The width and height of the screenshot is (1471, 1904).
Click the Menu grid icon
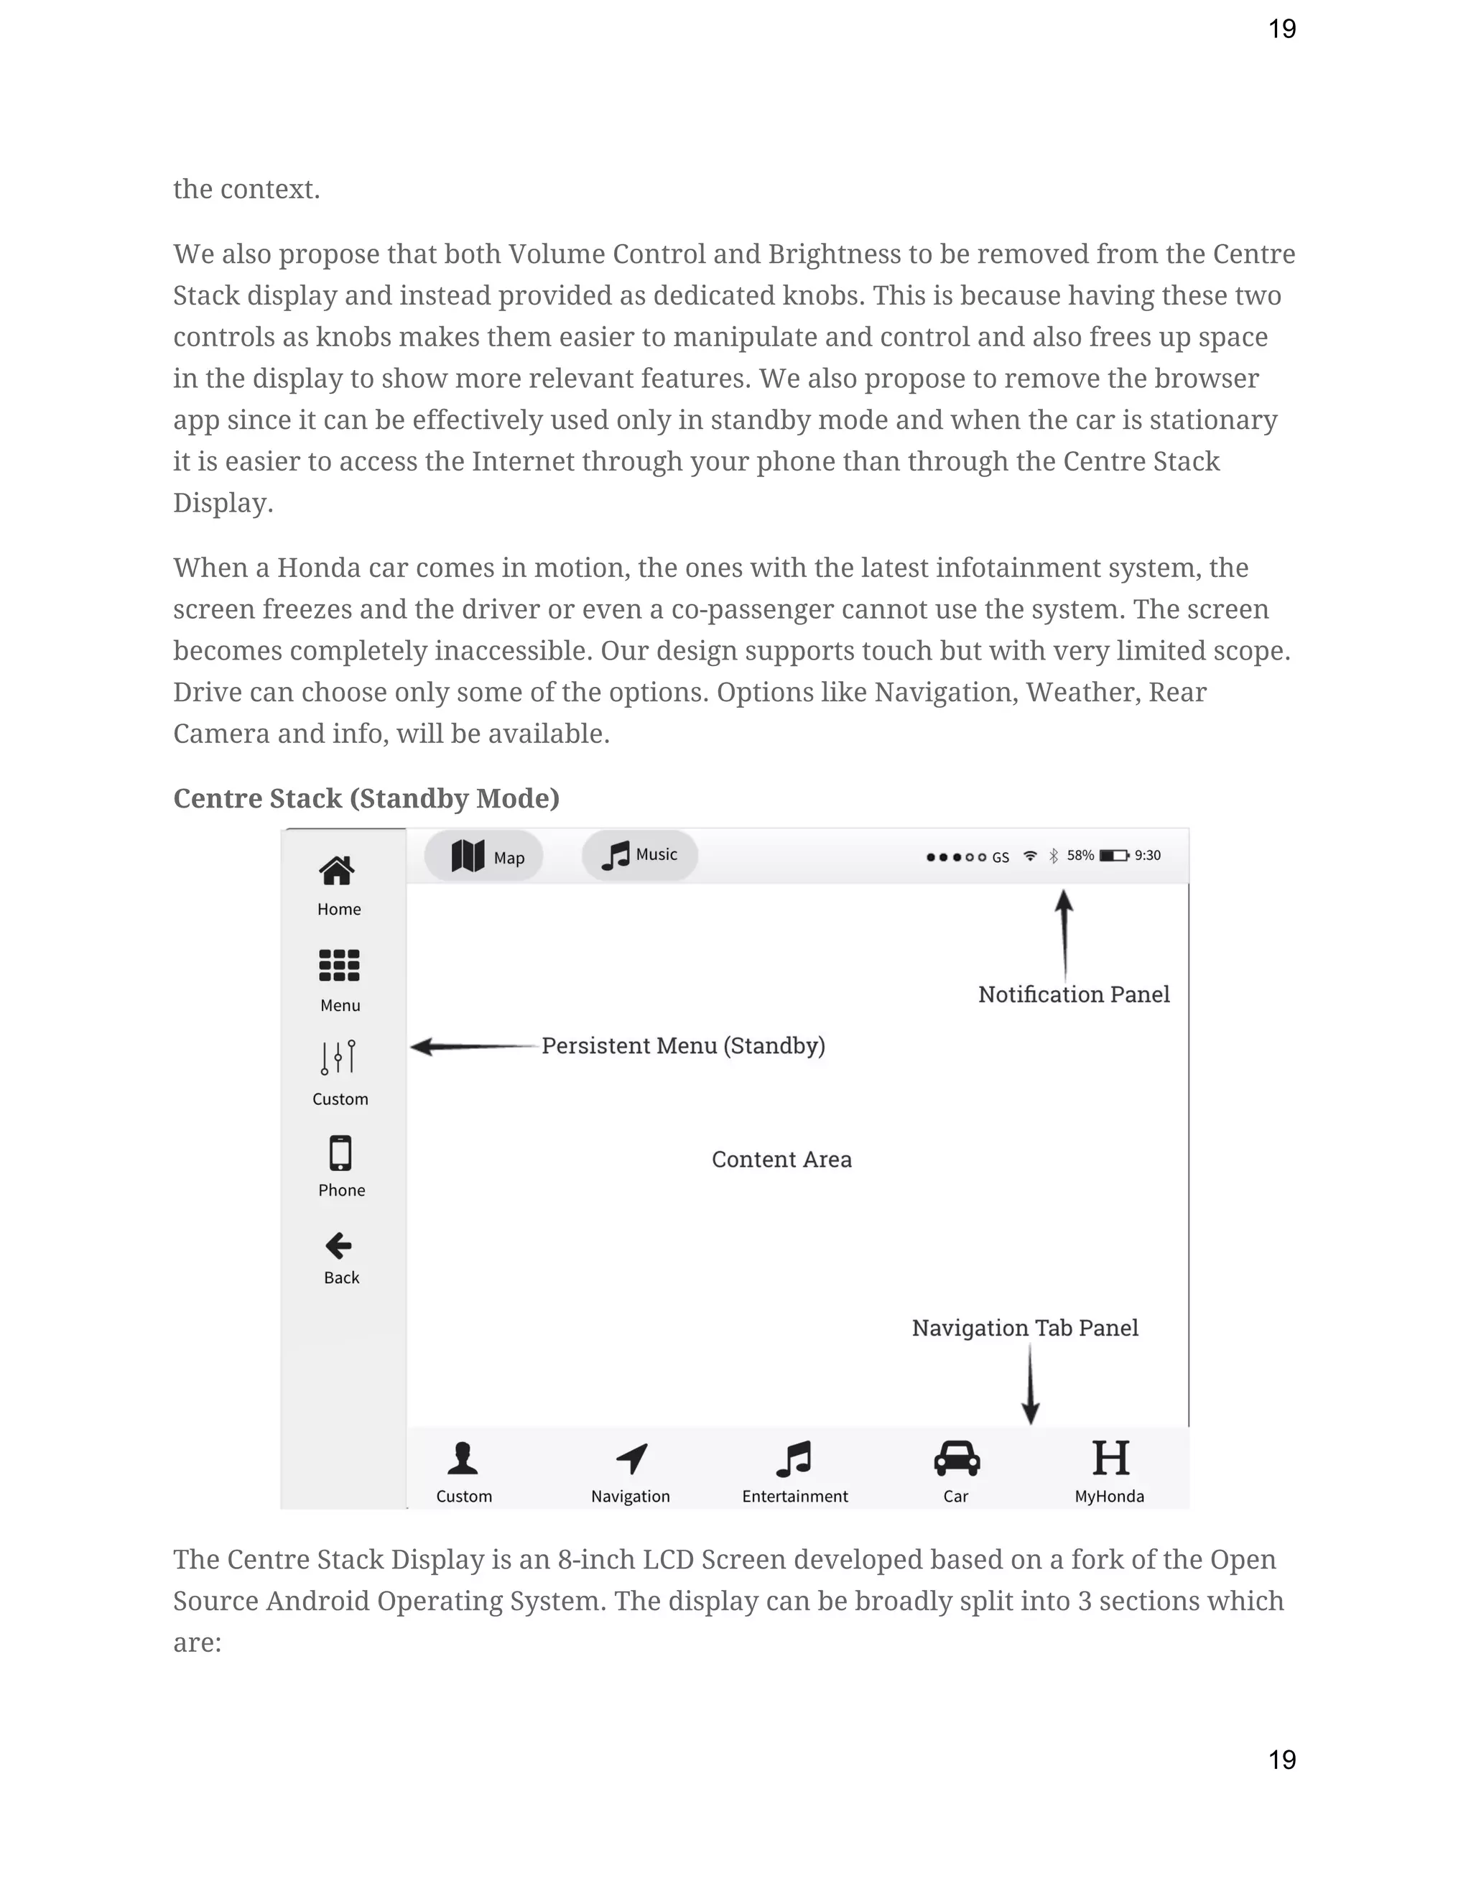coord(339,965)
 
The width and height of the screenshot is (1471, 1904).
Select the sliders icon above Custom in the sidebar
coord(339,1057)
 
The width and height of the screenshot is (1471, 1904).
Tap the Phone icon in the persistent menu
coord(340,1152)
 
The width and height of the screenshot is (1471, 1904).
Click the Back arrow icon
coord(338,1246)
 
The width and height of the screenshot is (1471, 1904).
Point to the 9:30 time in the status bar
coord(1147,855)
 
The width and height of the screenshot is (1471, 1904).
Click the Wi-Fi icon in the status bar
coord(1030,855)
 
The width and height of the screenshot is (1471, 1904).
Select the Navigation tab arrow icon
coord(632,1459)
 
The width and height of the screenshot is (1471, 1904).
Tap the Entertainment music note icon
coord(794,1459)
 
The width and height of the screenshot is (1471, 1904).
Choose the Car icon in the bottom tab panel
coord(957,1459)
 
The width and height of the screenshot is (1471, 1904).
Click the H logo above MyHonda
coord(1110,1459)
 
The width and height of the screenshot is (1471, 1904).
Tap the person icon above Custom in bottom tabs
coord(463,1459)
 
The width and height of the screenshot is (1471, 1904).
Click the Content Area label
coord(781,1160)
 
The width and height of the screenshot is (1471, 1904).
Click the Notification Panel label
coord(1074,994)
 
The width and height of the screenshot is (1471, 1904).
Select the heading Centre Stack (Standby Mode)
coord(366,798)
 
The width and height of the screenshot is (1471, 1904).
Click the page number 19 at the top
coord(1282,29)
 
